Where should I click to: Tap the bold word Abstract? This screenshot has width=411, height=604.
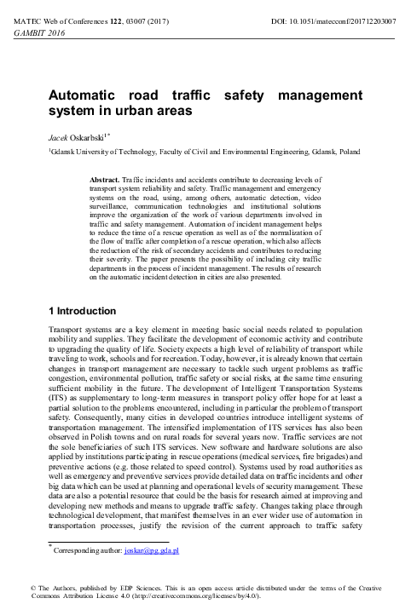coord(107,181)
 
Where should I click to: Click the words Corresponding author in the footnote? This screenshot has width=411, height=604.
coord(87,552)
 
